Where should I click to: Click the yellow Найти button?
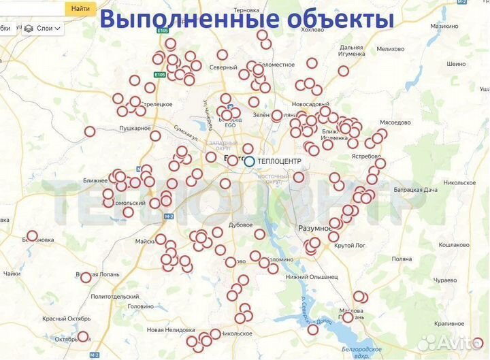click(80, 9)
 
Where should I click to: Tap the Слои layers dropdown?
click(43, 29)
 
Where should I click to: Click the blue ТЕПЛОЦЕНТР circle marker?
click(249, 161)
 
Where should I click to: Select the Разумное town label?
click(315, 228)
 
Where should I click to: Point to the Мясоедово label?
click(395, 122)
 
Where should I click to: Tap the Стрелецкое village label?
click(156, 104)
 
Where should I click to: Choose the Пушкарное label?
click(134, 128)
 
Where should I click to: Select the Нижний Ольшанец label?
click(311, 277)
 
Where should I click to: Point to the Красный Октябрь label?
click(66, 318)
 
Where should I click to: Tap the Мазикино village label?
click(444, 26)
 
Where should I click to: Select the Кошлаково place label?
click(454, 245)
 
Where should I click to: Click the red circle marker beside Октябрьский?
click(83, 336)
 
